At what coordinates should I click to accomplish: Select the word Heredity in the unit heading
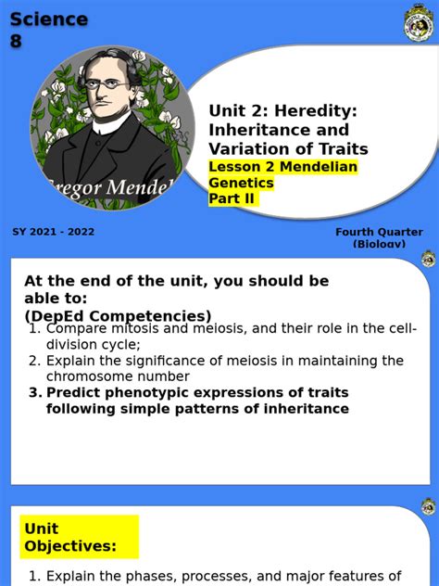(x=311, y=111)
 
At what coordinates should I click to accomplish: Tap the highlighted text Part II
(x=232, y=198)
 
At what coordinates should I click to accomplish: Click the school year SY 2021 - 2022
(x=53, y=232)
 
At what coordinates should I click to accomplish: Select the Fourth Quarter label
(x=379, y=233)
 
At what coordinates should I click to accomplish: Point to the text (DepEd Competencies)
(x=118, y=315)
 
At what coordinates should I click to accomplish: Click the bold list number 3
(x=34, y=392)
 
